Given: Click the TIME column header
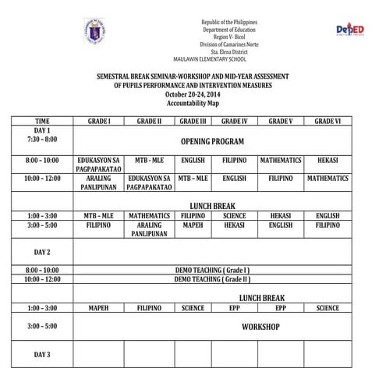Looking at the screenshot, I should click(42, 122).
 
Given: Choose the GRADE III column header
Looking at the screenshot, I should click(193, 122).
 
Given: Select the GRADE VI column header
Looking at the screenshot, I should click(328, 122).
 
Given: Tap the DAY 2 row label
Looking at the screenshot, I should click(42, 252).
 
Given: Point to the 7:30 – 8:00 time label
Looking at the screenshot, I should click(42, 138).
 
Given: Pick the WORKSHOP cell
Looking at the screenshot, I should click(260, 327).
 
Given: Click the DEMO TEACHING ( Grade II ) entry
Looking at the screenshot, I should click(212, 278).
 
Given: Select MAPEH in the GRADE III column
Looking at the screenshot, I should click(193, 225).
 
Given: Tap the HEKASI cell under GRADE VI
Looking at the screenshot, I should click(328, 160).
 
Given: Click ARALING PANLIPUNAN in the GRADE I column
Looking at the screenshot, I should click(98, 182).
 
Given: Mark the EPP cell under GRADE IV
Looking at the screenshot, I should click(235, 308).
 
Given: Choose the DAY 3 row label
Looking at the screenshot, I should click(42, 355).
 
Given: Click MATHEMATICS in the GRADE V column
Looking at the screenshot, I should click(280, 160).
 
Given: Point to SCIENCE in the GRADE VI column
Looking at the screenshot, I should click(328, 308).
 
